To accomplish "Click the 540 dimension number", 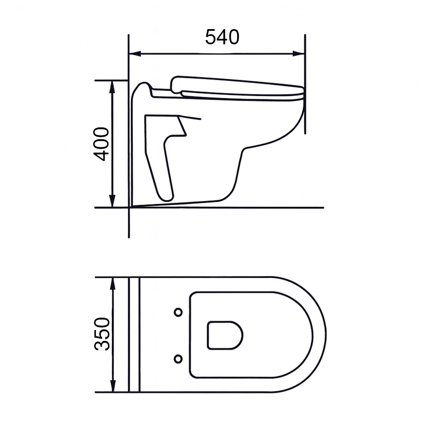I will [222, 37].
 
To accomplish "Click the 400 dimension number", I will [102, 144].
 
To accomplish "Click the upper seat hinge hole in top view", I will [178, 312].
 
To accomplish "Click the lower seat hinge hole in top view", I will [178, 359].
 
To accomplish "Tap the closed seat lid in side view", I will [236, 86].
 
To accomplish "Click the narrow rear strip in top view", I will [134, 335].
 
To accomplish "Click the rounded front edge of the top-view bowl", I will [325, 335].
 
